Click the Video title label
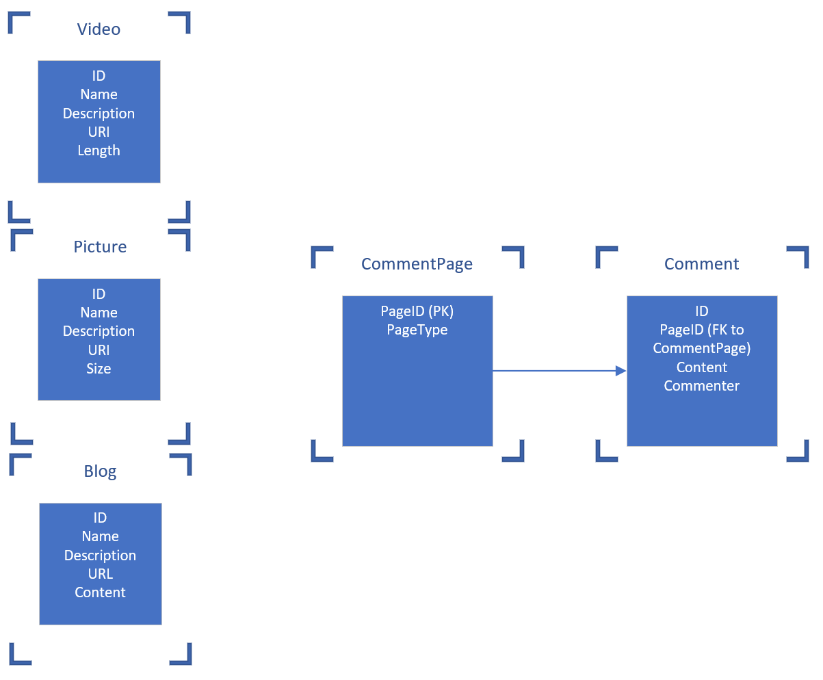99,29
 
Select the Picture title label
100,247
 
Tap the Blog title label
100,471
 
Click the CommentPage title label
417,264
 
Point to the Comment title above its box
701,264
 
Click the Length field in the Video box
99,151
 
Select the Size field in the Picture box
99,369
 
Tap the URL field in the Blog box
100,574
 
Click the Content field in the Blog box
100,592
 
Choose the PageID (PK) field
417,311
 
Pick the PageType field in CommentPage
417,330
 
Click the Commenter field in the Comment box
701,386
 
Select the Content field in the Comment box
701,367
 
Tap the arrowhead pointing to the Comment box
620,371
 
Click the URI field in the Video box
99,132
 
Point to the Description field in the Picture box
99,331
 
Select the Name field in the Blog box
100,536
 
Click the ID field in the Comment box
701,311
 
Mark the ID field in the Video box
99,76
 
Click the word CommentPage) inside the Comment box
701,348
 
